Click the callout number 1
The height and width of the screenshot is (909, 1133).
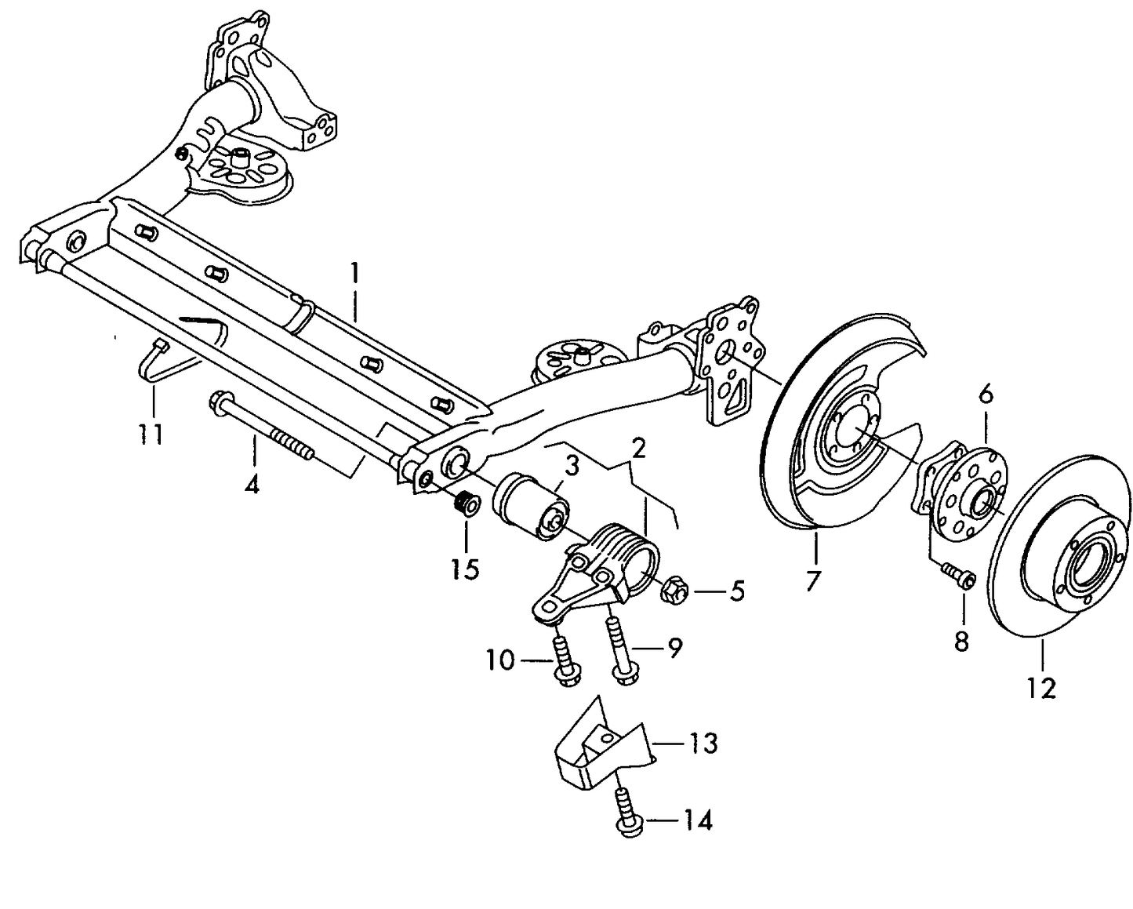(354, 275)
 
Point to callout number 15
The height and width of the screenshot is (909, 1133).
(465, 568)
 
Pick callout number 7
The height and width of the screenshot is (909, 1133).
(812, 580)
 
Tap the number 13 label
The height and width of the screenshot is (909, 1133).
(703, 741)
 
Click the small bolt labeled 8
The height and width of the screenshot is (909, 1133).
(958, 576)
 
